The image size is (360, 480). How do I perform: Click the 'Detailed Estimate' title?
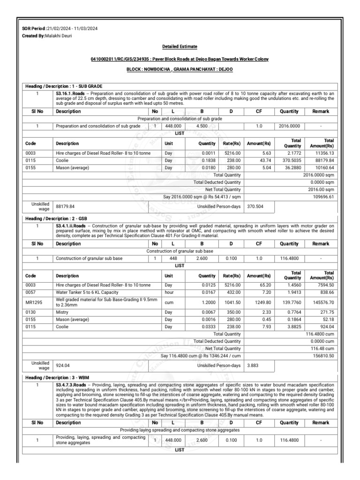(180, 47)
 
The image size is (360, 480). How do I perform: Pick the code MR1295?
(34, 303)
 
